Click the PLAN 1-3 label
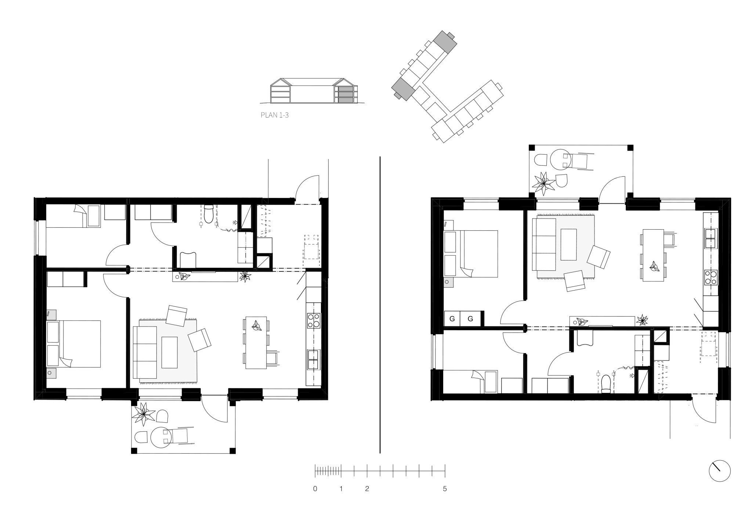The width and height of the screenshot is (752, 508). tap(275, 115)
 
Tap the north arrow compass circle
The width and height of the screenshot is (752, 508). tap(720, 471)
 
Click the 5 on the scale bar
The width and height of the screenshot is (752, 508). tap(445, 489)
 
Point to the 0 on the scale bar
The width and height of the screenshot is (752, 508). tap(315, 489)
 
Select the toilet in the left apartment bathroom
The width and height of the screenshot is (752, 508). tap(209, 214)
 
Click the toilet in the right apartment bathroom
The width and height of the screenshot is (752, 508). tap(606, 383)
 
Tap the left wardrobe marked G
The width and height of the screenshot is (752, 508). tap(452, 318)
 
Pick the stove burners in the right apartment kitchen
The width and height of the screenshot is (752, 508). tap(711, 277)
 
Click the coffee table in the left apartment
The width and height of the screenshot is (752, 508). tap(169, 352)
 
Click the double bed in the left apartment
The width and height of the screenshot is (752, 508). tap(74, 344)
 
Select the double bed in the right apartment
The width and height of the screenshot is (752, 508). tap(471, 254)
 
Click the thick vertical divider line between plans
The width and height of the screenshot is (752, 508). tap(380, 305)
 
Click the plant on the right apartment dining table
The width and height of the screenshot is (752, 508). tap(654, 266)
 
